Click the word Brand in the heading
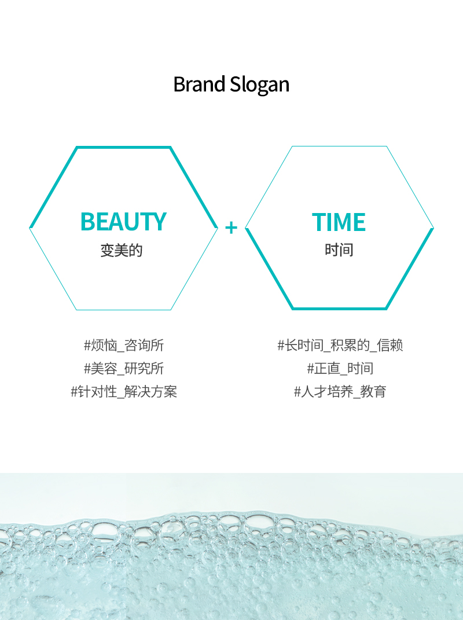click(x=199, y=84)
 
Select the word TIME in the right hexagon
click(x=339, y=222)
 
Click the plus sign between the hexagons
click(x=231, y=228)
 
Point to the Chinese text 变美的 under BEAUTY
click(x=122, y=250)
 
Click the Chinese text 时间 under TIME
click(x=339, y=250)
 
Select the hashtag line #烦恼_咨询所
click(x=124, y=345)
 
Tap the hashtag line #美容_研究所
click(x=124, y=369)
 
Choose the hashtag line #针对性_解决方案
click(x=124, y=392)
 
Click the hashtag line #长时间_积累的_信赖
click(x=340, y=345)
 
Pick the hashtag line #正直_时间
click(x=340, y=369)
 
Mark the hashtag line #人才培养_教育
click(x=340, y=392)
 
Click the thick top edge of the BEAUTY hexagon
click(x=123, y=148)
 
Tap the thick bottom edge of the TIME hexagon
click(x=339, y=309)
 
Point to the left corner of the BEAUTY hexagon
click(x=30, y=228)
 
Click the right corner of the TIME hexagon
click(x=433, y=228)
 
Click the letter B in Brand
click(x=179, y=85)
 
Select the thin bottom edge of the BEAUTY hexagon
click(x=123, y=310)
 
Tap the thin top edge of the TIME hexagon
click(x=339, y=146)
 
